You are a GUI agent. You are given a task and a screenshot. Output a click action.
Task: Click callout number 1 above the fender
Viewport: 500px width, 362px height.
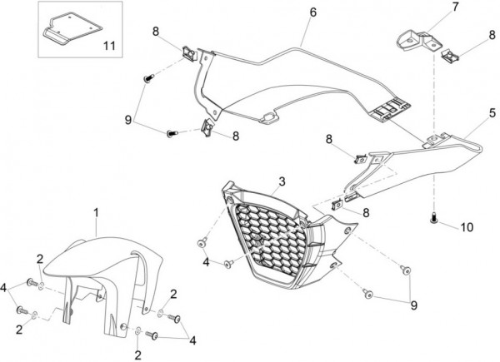(x=96, y=214)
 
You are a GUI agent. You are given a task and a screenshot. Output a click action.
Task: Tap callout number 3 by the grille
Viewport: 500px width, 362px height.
(x=282, y=181)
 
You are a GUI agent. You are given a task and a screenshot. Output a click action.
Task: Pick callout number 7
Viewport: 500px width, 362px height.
(x=432, y=7)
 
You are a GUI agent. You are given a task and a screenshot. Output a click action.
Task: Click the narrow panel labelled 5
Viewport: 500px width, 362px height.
(x=417, y=162)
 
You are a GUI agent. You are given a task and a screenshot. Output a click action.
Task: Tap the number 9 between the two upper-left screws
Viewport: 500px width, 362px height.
(x=127, y=120)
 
